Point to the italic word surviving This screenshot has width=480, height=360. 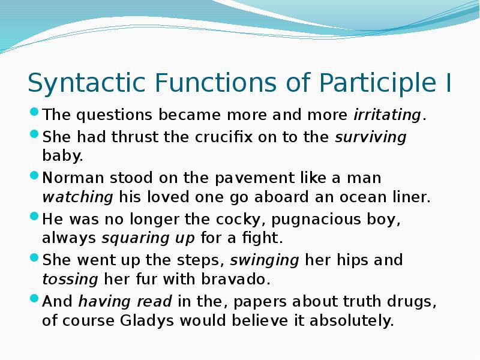coord(370,137)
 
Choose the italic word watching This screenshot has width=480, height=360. coord(77,197)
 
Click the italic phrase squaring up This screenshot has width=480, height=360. coord(148,238)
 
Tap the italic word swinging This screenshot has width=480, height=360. coord(265,260)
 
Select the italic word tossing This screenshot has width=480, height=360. coord(70,279)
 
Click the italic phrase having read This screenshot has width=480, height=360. coord(125,301)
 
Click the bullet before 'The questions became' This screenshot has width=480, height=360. coord(35,112)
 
